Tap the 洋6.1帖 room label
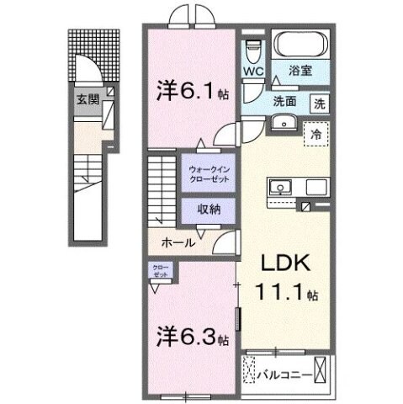[191, 90]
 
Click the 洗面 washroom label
[284, 101]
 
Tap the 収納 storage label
[209, 210]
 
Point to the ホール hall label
[178, 243]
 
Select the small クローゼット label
[160, 271]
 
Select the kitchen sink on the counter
[281, 187]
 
